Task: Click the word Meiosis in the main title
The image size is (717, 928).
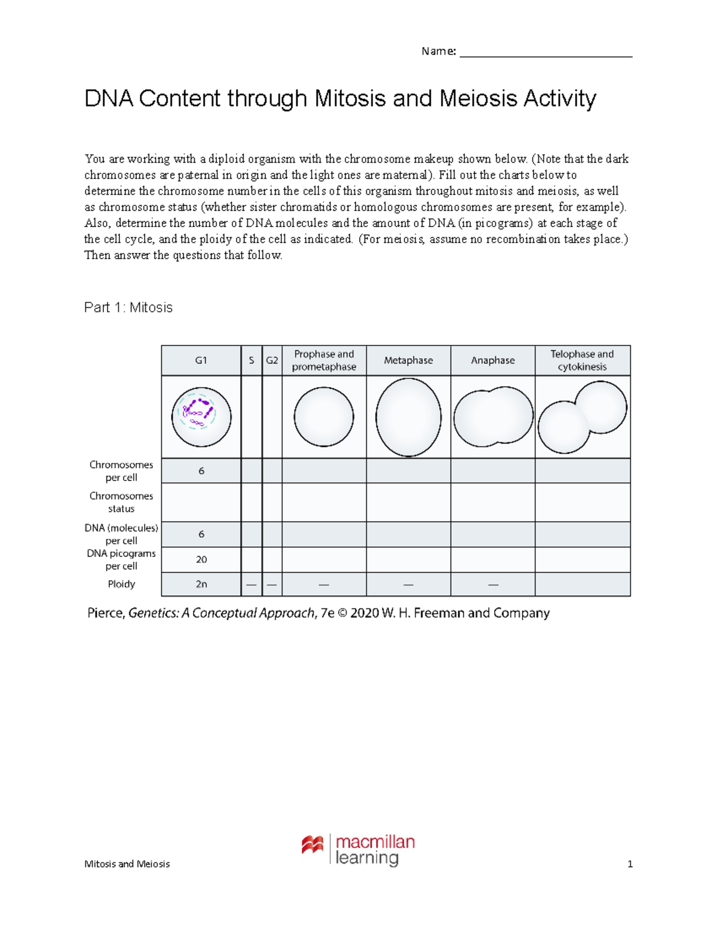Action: pyautogui.click(x=478, y=99)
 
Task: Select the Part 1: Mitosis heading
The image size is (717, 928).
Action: pyautogui.click(x=128, y=308)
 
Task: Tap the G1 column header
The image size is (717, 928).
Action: pyautogui.click(x=201, y=360)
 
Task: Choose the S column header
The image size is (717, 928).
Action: pyautogui.click(x=252, y=360)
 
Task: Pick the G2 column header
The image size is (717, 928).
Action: pyautogui.click(x=272, y=360)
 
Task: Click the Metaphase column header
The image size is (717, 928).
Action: pyautogui.click(x=408, y=360)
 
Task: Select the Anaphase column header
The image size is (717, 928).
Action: pyautogui.click(x=492, y=360)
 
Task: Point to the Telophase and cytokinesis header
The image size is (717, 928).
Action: pyautogui.click(x=582, y=360)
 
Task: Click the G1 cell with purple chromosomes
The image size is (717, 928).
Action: pyautogui.click(x=201, y=416)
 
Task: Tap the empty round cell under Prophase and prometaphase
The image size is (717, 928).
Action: pyautogui.click(x=324, y=417)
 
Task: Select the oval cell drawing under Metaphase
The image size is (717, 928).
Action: pyautogui.click(x=408, y=417)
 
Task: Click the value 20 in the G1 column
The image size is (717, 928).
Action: pyautogui.click(x=201, y=559)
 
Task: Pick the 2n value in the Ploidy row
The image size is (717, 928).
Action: pyautogui.click(x=201, y=584)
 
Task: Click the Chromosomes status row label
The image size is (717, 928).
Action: pyautogui.click(x=121, y=503)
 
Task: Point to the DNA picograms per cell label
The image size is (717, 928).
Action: pyautogui.click(x=121, y=560)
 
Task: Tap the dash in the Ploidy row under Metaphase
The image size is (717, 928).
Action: pyautogui.click(x=408, y=584)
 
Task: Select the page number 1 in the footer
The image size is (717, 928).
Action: pyautogui.click(x=630, y=864)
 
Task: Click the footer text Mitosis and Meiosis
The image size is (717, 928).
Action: pyautogui.click(x=127, y=864)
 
